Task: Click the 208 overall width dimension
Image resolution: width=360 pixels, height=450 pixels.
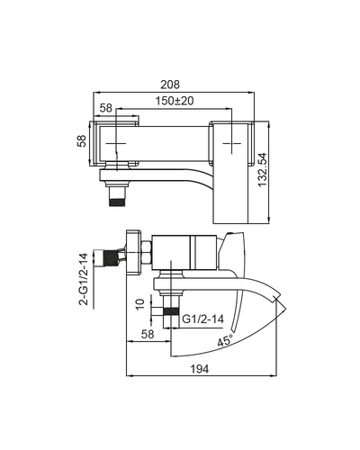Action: [170, 85]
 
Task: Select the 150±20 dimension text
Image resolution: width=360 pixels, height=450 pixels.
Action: [175, 101]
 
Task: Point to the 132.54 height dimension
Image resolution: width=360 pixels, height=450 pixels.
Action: [263, 170]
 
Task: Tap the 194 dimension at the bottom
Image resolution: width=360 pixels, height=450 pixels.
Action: [200, 369]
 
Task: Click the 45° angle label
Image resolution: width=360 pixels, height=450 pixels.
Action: [225, 340]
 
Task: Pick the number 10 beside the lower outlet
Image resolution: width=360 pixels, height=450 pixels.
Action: [139, 305]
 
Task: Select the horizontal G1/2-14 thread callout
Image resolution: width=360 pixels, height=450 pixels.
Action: [202, 319]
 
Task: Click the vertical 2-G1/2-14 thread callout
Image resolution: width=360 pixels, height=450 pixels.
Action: [84, 279]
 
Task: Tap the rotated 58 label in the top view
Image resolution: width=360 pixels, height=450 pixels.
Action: [82, 141]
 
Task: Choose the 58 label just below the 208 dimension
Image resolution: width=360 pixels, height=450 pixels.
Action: [106, 108]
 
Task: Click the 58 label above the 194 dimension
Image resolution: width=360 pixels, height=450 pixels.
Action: [148, 334]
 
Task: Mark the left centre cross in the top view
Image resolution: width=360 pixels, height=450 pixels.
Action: [116, 143]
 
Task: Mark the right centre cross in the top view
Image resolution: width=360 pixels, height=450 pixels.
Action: [232, 143]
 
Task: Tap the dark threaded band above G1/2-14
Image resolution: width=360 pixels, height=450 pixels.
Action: [171, 310]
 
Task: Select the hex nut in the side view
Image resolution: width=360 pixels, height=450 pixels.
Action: [147, 253]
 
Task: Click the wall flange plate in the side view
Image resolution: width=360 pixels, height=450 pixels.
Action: [134, 252]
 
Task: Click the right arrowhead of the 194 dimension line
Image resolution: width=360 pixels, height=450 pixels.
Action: [274, 375]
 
